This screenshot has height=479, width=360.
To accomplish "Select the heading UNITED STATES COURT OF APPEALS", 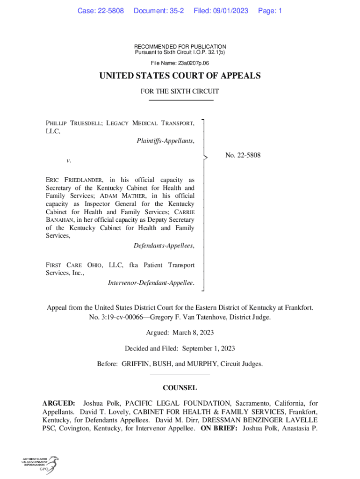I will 180,76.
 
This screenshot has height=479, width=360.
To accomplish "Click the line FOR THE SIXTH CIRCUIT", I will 180,92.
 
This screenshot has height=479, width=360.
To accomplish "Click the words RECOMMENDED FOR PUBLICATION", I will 180,47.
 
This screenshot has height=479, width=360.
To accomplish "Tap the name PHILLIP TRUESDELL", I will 72,123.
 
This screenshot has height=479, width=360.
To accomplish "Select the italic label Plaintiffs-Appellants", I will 166,140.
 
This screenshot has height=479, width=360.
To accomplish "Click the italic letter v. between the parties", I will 69,160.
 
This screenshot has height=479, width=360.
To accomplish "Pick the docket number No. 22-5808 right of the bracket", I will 243,155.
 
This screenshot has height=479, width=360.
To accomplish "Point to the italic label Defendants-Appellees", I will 164,246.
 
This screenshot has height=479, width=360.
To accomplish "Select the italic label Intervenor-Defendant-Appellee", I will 151,283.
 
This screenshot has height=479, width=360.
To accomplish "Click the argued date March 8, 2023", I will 193,333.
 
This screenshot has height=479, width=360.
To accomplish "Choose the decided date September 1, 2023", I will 209,348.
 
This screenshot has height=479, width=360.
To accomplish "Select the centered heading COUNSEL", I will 180,388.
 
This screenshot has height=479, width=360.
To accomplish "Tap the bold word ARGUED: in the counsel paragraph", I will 58,403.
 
